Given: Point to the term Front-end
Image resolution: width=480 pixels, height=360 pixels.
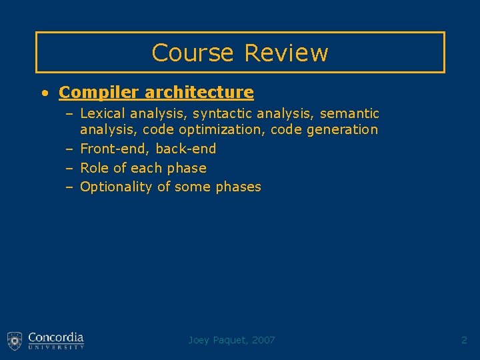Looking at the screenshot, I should point(113,149).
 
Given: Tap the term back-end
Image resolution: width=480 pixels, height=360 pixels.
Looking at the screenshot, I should point(186,149).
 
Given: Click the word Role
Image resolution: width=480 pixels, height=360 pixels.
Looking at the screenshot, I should point(94,168).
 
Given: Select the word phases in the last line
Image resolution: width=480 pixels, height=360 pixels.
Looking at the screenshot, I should point(238,187).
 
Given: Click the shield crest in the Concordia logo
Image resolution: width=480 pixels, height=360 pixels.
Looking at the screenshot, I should point(15,340).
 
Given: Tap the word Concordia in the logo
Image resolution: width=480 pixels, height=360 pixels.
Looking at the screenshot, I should point(56,337).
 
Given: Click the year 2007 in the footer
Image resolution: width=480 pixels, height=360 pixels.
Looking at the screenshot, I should point(264,340).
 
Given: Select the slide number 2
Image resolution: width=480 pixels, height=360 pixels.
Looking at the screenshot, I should point(464,340).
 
